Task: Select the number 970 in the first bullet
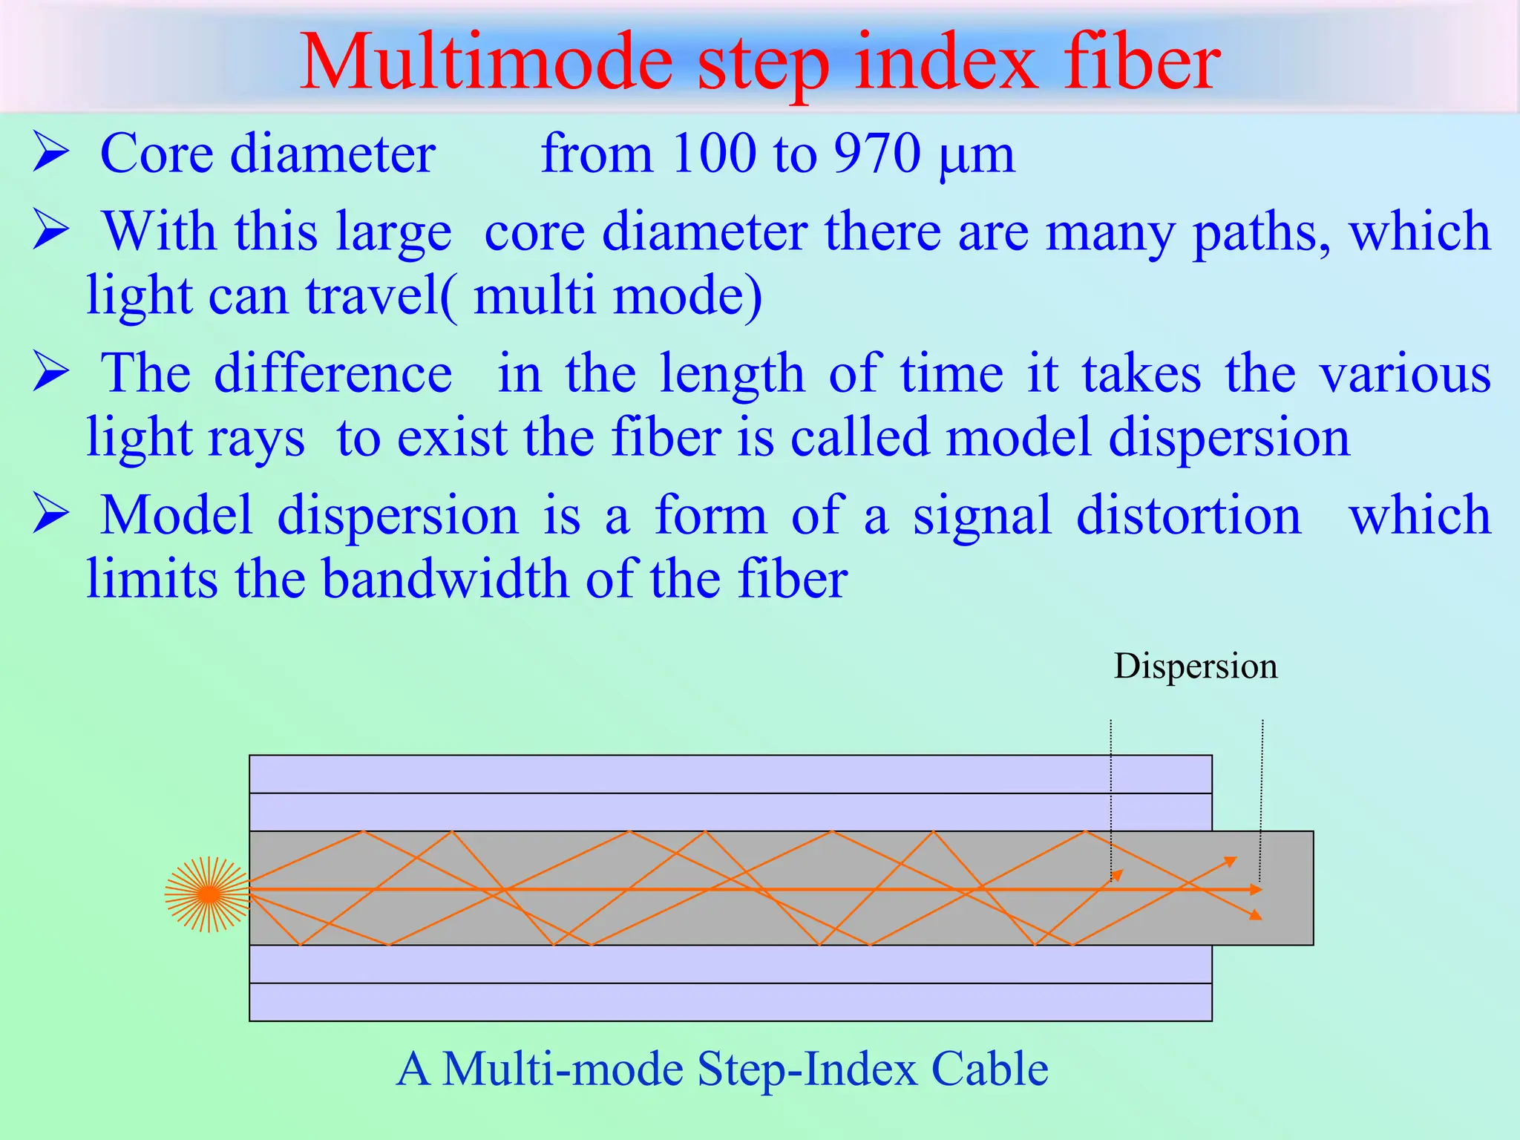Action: coord(877,154)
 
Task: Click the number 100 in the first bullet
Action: coord(713,154)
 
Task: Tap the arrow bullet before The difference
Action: coord(50,373)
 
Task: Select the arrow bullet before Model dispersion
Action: coord(50,514)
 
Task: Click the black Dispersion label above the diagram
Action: coord(1195,666)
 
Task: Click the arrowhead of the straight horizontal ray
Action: coord(1256,889)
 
